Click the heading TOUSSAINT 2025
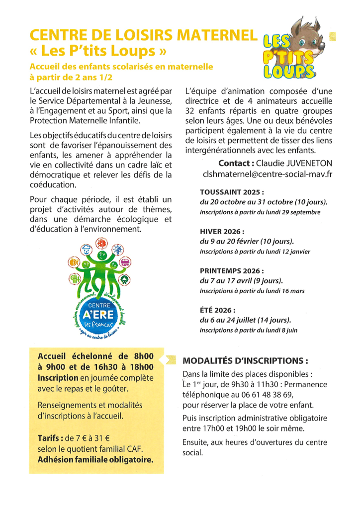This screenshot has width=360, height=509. [232, 192]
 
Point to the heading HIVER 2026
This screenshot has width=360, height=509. [222, 232]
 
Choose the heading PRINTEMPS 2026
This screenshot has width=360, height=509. [232, 271]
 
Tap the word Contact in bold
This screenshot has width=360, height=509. [236, 164]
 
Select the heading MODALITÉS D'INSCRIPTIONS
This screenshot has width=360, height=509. [246, 360]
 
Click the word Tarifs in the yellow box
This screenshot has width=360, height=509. [50, 438]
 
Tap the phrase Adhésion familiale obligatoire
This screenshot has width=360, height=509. [95, 460]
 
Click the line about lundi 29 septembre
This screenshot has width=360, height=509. [260, 212]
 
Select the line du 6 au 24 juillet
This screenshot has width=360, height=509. [246, 320]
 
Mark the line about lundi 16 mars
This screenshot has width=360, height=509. [252, 291]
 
